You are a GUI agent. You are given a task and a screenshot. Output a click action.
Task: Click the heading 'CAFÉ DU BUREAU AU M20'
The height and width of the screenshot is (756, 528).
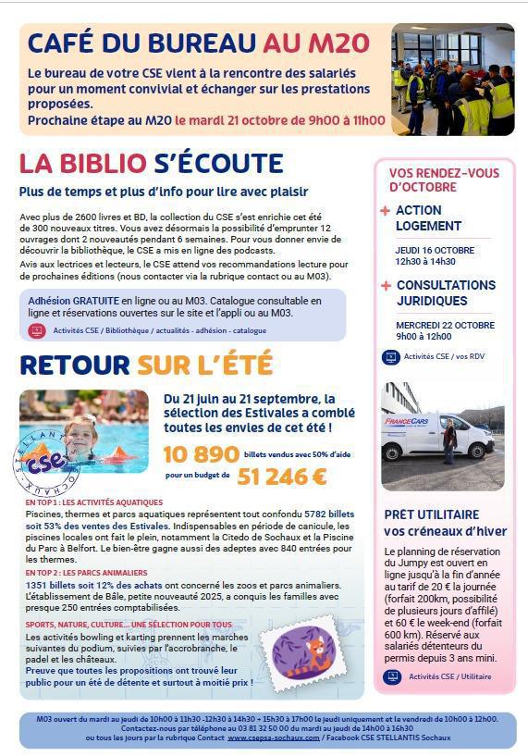198,43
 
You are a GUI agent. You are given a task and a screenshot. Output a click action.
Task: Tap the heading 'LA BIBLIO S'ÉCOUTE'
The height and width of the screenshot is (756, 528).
151,164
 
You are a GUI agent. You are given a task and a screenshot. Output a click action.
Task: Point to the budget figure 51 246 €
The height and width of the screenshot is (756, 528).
282,477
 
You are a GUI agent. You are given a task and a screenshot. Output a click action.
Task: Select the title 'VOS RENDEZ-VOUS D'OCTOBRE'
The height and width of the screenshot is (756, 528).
443,180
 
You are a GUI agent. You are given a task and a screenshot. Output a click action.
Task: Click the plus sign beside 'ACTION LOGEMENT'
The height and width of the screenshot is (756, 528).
386,211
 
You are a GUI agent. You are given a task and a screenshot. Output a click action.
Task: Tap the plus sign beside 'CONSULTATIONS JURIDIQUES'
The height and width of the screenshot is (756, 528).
386,286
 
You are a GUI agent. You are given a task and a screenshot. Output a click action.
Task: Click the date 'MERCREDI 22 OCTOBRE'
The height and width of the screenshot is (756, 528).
445,325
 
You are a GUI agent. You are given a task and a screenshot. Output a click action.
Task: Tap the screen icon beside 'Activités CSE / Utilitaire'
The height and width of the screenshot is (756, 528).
391,676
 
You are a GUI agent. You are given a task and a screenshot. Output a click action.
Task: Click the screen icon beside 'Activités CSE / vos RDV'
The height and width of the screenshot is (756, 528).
389,356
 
